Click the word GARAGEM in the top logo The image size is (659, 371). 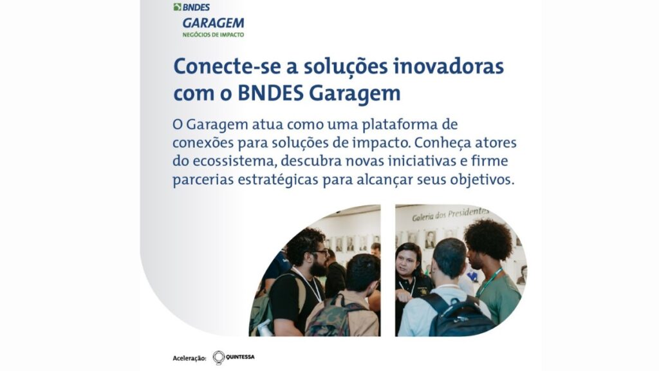coord(213,23)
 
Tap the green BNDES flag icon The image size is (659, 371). coord(178,7)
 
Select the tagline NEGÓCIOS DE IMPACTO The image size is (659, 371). coord(213,35)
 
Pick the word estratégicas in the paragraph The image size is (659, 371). coord(278,180)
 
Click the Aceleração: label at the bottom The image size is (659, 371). coord(190,358)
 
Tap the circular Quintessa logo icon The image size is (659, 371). coord(219,357)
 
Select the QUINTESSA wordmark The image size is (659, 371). coord(240,357)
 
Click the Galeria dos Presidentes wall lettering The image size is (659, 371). coord(450,214)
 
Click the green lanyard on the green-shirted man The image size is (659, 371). coord(490,281)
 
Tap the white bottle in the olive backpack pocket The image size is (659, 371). coord(264,328)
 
